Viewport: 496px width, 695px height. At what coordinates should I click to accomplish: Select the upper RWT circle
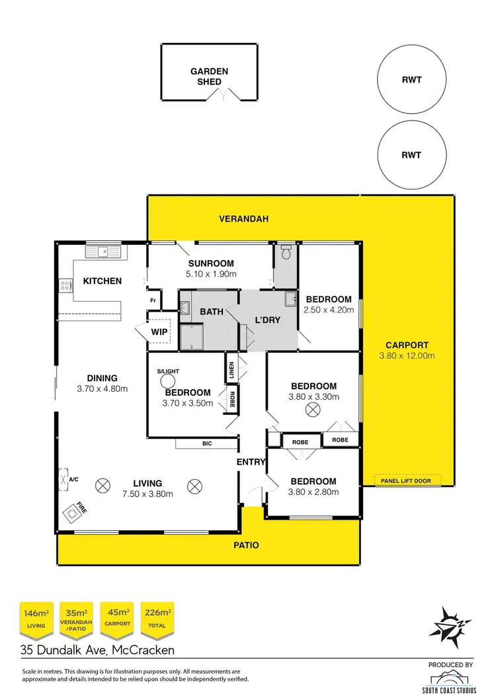pos(411,80)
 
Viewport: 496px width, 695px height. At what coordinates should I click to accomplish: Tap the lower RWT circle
pos(411,156)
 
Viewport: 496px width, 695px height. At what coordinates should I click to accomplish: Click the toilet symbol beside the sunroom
pos(286,252)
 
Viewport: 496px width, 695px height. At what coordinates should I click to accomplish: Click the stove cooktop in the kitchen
pos(67,286)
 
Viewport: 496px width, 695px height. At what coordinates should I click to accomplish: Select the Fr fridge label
pos(153,299)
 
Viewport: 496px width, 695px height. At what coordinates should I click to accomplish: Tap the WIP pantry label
pos(159,332)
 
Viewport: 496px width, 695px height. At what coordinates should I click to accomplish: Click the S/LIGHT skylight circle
pos(169,381)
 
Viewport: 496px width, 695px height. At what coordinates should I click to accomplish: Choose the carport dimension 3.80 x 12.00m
pos(407,355)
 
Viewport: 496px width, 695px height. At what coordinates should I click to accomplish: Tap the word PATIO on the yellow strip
pos(245,546)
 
